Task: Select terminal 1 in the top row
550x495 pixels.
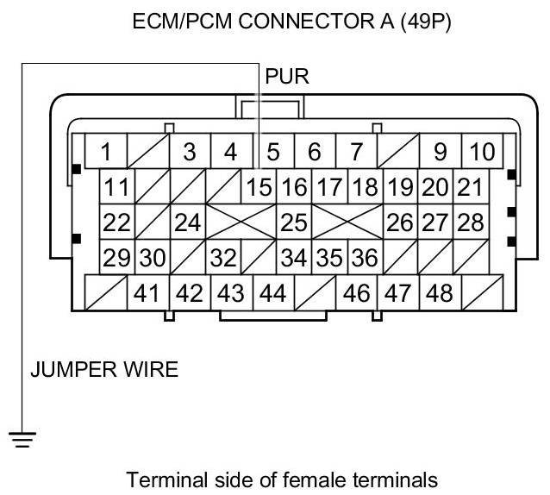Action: click(x=106, y=153)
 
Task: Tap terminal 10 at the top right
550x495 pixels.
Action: click(x=482, y=153)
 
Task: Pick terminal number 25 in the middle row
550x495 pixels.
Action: click(x=293, y=222)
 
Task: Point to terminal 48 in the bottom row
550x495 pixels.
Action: click(x=439, y=293)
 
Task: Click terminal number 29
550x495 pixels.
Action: click(x=116, y=258)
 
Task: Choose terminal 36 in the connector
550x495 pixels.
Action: click(x=365, y=258)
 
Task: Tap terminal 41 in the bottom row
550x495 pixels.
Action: click(x=147, y=293)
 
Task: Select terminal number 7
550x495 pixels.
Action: click(x=355, y=153)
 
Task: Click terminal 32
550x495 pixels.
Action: click(x=223, y=258)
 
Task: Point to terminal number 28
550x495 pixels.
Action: click(x=470, y=222)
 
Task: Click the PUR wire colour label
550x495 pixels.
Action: click(x=287, y=76)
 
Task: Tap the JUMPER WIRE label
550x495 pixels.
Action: click(x=104, y=371)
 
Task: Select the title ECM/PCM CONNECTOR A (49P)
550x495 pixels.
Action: click(x=291, y=22)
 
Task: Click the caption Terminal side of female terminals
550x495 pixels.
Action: click(x=282, y=479)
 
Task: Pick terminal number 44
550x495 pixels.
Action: click(x=272, y=293)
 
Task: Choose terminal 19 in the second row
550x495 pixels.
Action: click(x=399, y=186)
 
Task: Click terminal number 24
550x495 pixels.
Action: click(x=187, y=222)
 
